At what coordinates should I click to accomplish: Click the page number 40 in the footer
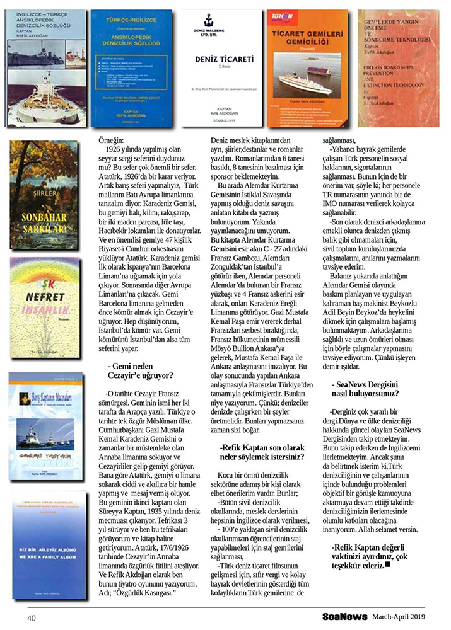coord(31,618)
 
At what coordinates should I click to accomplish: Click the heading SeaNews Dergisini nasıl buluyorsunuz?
coord(365,389)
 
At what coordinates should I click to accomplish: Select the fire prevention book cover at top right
coord(399,68)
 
